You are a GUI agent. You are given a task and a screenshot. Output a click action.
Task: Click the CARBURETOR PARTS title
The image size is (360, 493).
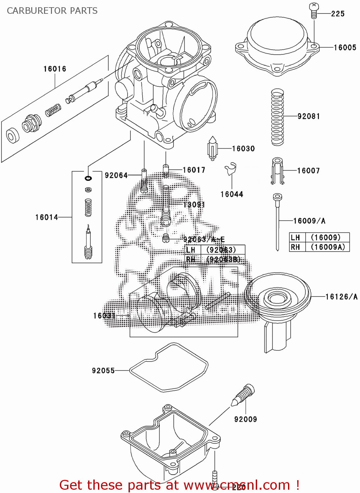[52, 11]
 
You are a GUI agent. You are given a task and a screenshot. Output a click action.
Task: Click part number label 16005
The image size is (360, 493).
[345, 48]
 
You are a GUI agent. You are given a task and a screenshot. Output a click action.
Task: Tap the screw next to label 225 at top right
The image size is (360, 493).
[314, 11]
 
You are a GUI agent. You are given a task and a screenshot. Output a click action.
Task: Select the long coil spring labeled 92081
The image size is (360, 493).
[277, 117]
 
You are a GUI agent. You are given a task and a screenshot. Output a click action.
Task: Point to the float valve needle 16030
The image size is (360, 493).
[212, 149]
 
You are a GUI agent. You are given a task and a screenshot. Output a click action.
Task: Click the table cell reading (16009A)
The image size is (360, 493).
[328, 247]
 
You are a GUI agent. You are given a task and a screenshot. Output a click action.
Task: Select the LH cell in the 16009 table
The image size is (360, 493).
[295, 238]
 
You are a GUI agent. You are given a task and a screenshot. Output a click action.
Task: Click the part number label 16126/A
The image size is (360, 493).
[341, 297]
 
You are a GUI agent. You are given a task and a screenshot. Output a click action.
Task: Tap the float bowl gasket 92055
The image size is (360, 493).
[169, 367]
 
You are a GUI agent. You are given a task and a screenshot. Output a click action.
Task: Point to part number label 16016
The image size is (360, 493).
[55, 69]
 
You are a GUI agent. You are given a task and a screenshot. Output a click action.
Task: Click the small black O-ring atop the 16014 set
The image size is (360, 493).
[88, 178]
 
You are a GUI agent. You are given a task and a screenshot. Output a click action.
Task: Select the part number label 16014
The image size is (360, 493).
[46, 217]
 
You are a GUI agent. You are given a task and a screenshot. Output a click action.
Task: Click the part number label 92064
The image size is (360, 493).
[116, 176]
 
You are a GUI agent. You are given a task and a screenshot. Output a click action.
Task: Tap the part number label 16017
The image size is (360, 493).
[194, 170]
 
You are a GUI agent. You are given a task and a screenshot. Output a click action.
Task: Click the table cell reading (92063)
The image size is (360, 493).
[221, 250]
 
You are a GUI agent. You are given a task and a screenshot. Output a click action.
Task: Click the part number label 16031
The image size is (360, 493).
[104, 316]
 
